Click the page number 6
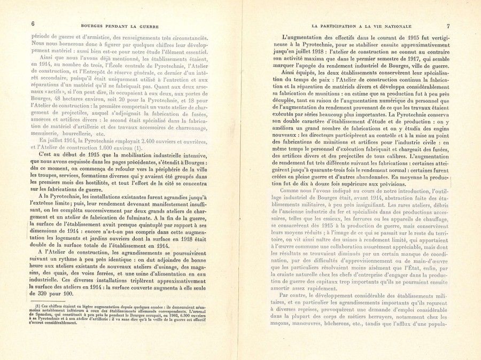pos(33,24)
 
